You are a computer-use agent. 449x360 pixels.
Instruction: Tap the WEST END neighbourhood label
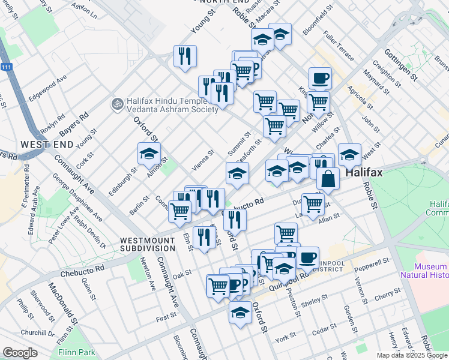click(x=47, y=145)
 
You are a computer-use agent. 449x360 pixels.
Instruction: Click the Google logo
click(x=20, y=353)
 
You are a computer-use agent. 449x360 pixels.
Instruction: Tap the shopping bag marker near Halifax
click(x=329, y=178)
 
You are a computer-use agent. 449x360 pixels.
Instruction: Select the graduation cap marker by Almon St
click(x=149, y=155)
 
